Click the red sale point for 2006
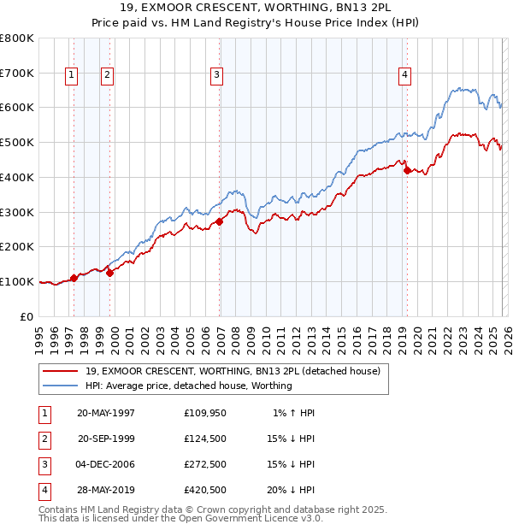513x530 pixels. click(x=220, y=221)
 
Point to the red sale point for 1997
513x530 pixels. click(x=74, y=277)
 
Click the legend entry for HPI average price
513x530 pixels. click(x=188, y=386)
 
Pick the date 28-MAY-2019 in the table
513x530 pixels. click(x=106, y=490)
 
